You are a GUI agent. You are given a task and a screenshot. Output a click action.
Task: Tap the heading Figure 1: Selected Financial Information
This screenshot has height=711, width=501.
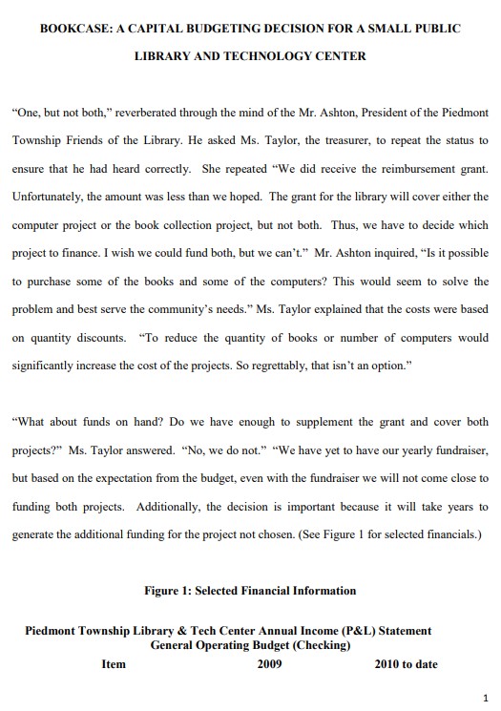(x=250, y=591)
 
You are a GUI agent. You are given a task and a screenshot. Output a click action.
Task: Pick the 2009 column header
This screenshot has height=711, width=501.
(x=270, y=664)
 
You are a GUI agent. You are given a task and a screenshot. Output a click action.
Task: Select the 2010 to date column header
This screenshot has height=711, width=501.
(x=406, y=664)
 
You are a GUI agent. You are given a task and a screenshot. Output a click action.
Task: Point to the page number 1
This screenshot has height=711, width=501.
(x=485, y=698)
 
